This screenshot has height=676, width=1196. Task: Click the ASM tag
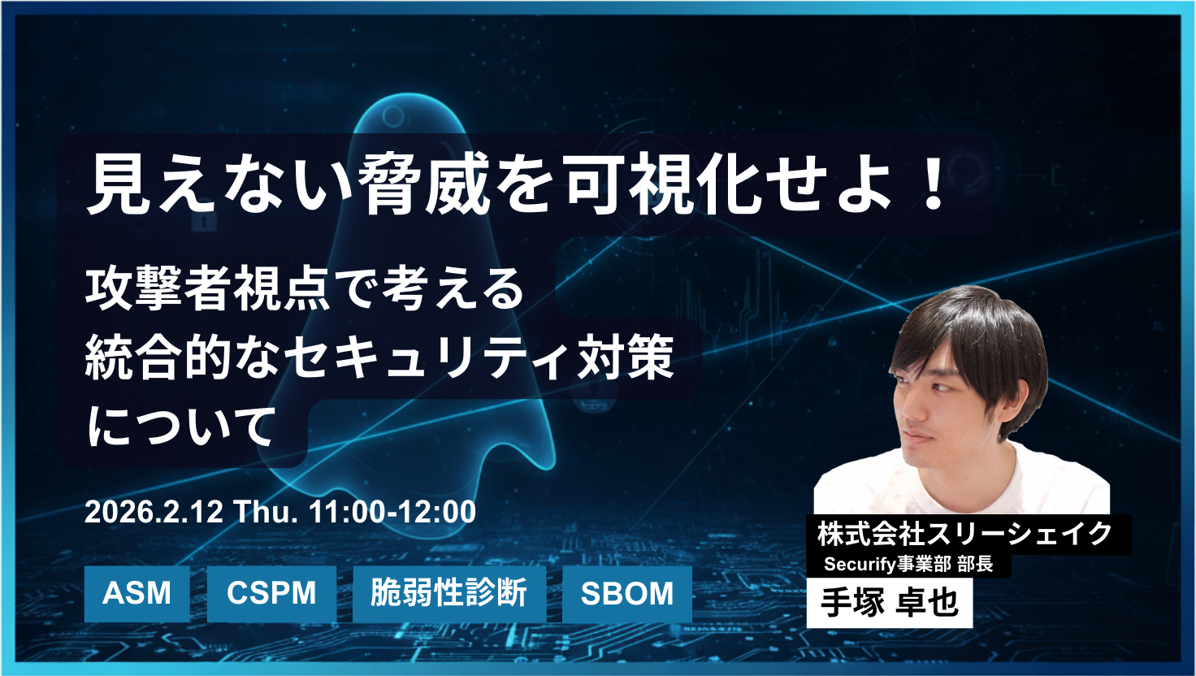pos(136,594)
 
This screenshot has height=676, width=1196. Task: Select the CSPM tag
pos(271,594)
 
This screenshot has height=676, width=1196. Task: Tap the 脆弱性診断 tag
pos(448,594)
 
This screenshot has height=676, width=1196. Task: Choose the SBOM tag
pos(626,594)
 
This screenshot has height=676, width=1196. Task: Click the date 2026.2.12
pos(154,512)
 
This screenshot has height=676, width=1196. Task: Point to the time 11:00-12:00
pos(392,512)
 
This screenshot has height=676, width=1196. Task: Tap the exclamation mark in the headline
pos(935,186)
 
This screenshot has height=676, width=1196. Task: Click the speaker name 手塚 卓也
pos(889,603)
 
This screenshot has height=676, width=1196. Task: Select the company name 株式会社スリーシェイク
pos(965,535)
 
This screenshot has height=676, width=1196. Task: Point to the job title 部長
pos(975,564)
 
